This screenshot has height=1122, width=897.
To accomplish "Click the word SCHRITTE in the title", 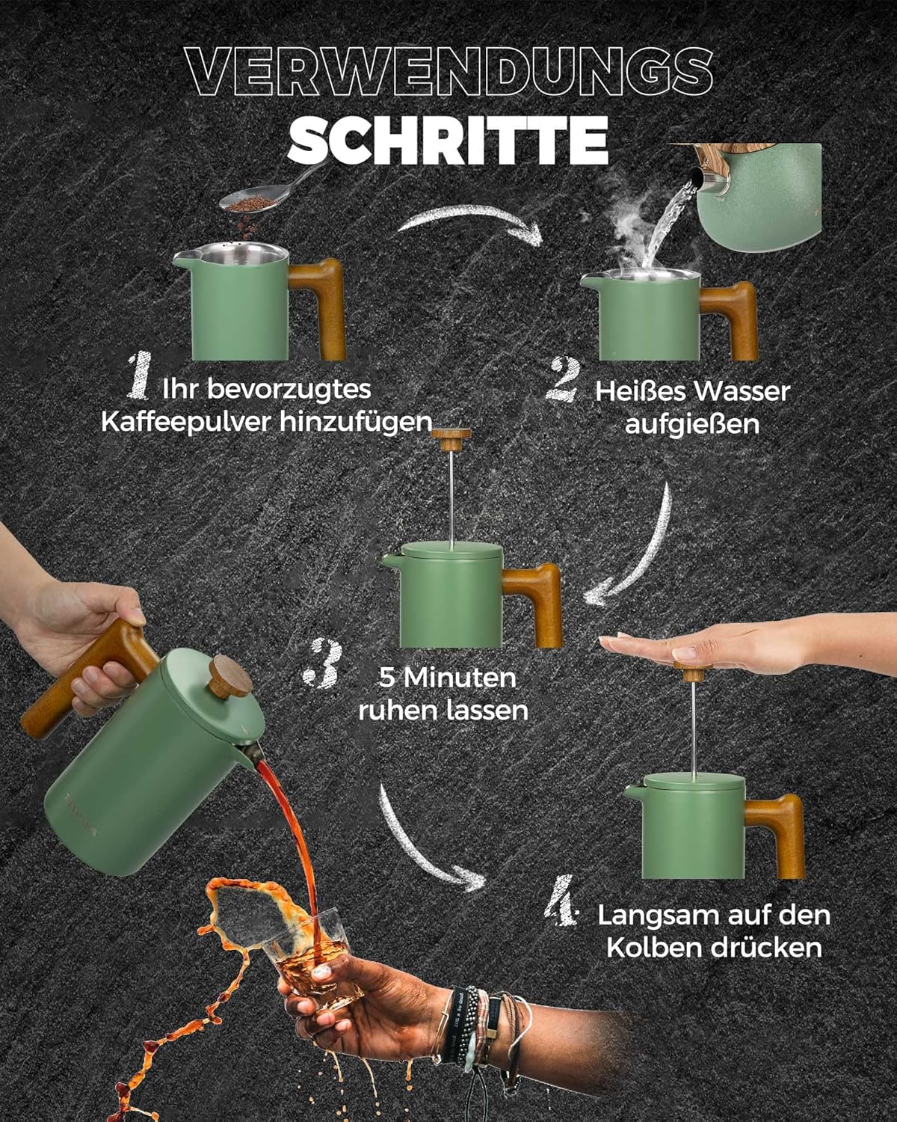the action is [448, 140].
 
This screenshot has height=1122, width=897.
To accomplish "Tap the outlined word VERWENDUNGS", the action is [449, 71].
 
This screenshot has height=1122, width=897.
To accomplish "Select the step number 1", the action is [140, 375].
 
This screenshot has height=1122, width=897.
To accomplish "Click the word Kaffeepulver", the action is [187, 423].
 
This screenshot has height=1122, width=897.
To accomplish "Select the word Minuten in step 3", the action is [460, 678].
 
